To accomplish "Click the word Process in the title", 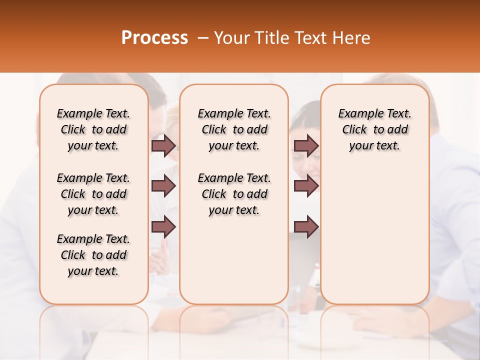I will pyautogui.click(x=154, y=38).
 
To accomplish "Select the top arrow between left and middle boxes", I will pyautogui.click(x=163, y=145).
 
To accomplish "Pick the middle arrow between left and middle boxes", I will pyautogui.click(x=163, y=186).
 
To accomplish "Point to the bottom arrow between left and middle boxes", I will pyautogui.click(x=163, y=227).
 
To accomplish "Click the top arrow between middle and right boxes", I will pyautogui.click(x=306, y=145).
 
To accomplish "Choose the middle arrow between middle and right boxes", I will pyautogui.click(x=306, y=186).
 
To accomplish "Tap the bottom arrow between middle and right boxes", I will pyautogui.click(x=306, y=227).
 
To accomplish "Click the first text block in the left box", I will pyautogui.click(x=93, y=129).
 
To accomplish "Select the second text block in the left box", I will pyautogui.click(x=93, y=194).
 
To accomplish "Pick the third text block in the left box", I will pyautogui.click(x=93, y=255).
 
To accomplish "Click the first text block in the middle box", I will pyautogui.click(x=234, y=129).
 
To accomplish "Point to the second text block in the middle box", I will pyautogui.click(x=234, y=194).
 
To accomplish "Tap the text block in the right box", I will pyautogui.click(x=375, y=129).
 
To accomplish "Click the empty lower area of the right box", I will pyautogui.click(x=375, y=235).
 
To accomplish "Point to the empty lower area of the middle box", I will pyautogui.click(x=234, y=260).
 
